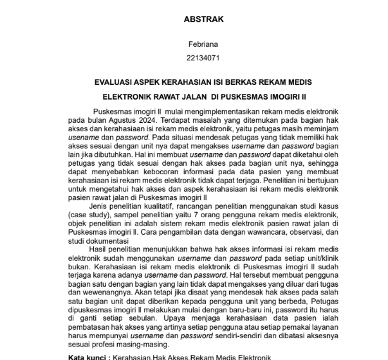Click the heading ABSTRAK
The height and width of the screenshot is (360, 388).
coord(204,19)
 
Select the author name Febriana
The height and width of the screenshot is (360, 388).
coord(203,44)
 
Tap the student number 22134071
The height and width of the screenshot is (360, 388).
coord(203,57)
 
